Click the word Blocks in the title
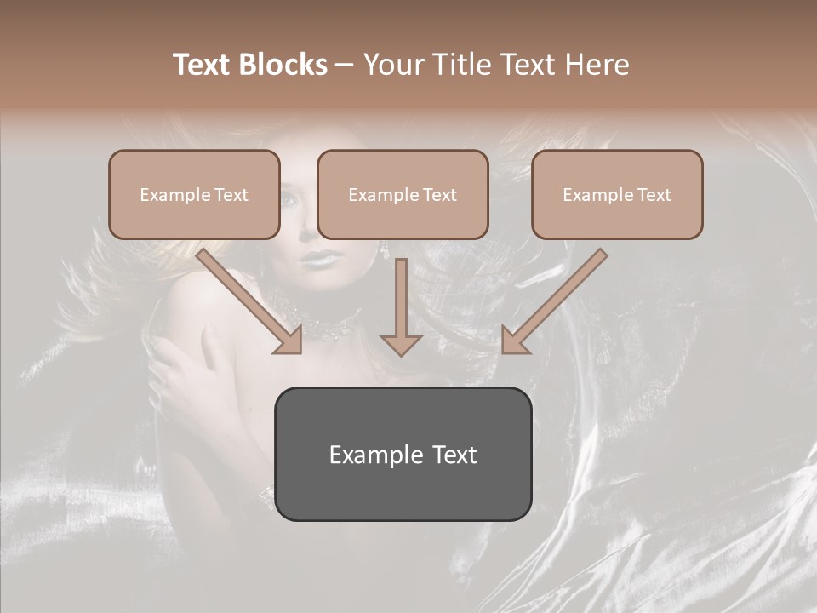point(283,65)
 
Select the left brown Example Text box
point(194,194)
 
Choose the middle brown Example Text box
point(403,194)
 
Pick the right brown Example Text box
point(617,194)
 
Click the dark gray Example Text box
point(403,454)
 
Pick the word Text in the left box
point(231,194)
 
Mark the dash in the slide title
point(345,65)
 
